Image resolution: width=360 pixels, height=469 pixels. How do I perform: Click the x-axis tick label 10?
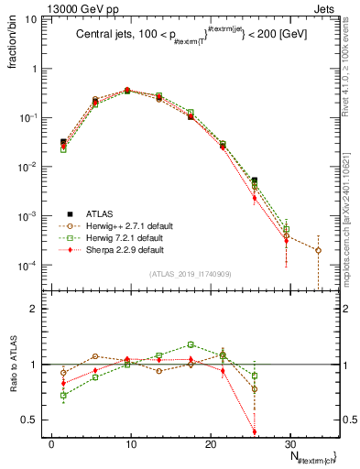(x=129, y=442)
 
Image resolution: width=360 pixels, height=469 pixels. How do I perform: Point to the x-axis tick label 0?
(x=51, y=442)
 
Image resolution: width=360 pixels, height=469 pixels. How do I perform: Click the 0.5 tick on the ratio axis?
(x=30, y=420)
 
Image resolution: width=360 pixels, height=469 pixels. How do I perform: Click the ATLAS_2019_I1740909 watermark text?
(x=190, y=274)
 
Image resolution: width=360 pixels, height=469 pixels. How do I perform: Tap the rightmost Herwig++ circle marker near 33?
(x=318, y=250)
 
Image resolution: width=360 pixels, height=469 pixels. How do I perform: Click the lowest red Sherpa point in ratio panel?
(x=254, y=431)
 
